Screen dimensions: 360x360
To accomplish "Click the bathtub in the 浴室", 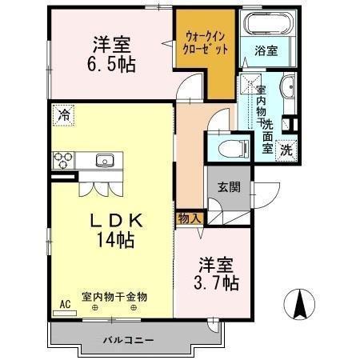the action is pyautogui.click(x=270, y=23).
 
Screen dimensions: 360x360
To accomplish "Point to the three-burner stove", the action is pyautogui.click(x=63, y=160).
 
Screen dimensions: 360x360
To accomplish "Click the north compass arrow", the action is pyautogui.click(x=299, y=304).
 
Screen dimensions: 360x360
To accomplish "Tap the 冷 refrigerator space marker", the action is pyautogui.click(x=63, y=115).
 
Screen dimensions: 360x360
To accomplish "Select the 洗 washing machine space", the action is pyautogui.click(x=286, y=151).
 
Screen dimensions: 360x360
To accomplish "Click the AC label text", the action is pyautogui.click(x=65, y=304).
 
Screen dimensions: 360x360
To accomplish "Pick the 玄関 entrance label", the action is pyautogui.click(x=229, y=187).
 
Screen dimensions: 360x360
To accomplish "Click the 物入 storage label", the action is pyautogui.click(x=189, y=218).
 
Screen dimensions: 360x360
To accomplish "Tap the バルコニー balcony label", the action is pyautogui.click(x=129, y=340).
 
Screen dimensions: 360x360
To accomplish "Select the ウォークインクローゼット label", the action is pyautogui.click(x=206, y=43).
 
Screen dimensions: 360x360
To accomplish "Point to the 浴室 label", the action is pyautogui.click(x=266, y=50).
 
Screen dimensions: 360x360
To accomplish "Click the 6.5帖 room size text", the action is pyautogui.click(x=111, y=65).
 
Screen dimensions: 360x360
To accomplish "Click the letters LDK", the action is pyautogui.click(x=116, y=221).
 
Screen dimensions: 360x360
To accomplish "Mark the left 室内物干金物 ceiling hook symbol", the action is pyautogui.click(x=94, y=308).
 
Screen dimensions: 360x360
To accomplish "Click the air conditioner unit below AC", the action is pyautogui.click(x=65, y=313).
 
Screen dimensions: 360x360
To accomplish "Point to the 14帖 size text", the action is pyautogui.click(x=115, y=240).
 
